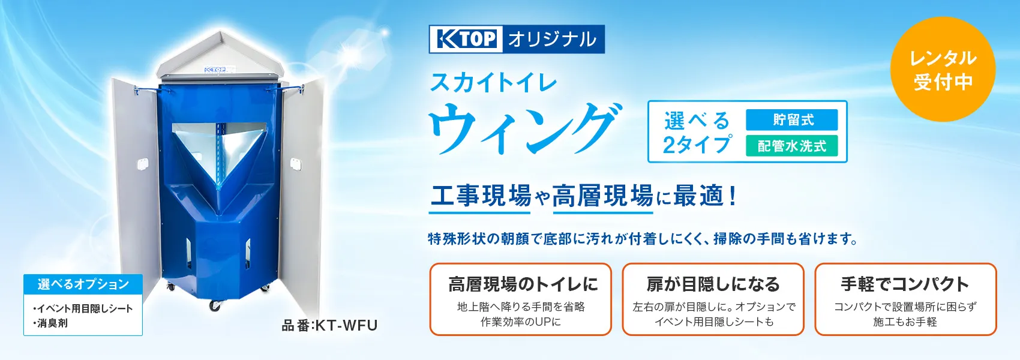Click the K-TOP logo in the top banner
(x=466, y=38)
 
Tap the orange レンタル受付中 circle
(x=943, y=69)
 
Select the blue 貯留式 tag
(x=792, y=119)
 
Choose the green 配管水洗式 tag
(x=792, y=146)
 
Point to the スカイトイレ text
(x=494, y=83)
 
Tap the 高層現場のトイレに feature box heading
(x=523, y=284)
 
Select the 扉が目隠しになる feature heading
(x=713, y=284)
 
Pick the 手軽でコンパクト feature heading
(x=905, y=284)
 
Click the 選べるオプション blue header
(x=83, y=284)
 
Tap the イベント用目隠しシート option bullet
(x=83, y=308)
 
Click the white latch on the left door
(x=142, y=163)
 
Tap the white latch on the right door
(x=296, y=163)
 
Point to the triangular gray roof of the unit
(x=220, y=57)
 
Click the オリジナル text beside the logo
(x=553, y=38)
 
